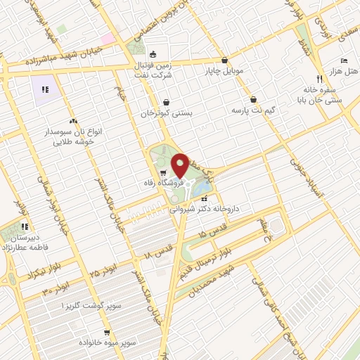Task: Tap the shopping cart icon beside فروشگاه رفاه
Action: coord(163,173)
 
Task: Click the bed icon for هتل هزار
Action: coord(344,61)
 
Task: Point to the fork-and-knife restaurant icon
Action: coord(319,79)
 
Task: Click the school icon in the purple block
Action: coord(46,89)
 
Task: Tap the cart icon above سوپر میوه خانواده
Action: coord(107,333)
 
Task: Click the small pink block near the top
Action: coord(107,38)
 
